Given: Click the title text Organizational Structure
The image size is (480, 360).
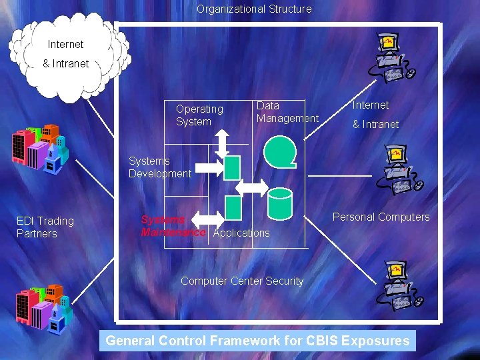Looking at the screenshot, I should point(254,9).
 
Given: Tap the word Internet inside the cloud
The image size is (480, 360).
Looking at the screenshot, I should point(65,45).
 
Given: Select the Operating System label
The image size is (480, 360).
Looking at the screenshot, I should point(199,115).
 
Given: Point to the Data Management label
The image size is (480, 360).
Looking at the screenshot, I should point(287,112).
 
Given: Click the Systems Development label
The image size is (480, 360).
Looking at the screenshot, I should point(159,167).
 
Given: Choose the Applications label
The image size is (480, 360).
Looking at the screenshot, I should point(241,233).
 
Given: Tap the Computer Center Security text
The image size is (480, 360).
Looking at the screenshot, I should point(242,281).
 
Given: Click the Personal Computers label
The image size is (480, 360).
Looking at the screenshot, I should point(381,217).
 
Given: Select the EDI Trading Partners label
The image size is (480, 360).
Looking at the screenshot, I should point(45,227).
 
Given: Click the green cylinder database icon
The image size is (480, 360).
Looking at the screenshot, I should point(279,203).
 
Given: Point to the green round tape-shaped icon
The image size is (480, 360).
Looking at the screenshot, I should point(279,151).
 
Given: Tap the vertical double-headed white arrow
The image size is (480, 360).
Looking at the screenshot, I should point(222,141).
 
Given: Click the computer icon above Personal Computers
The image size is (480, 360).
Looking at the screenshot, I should point(396,170).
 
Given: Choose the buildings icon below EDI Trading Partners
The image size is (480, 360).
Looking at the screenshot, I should point(44,303).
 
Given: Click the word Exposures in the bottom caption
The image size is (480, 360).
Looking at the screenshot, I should point(375,341).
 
